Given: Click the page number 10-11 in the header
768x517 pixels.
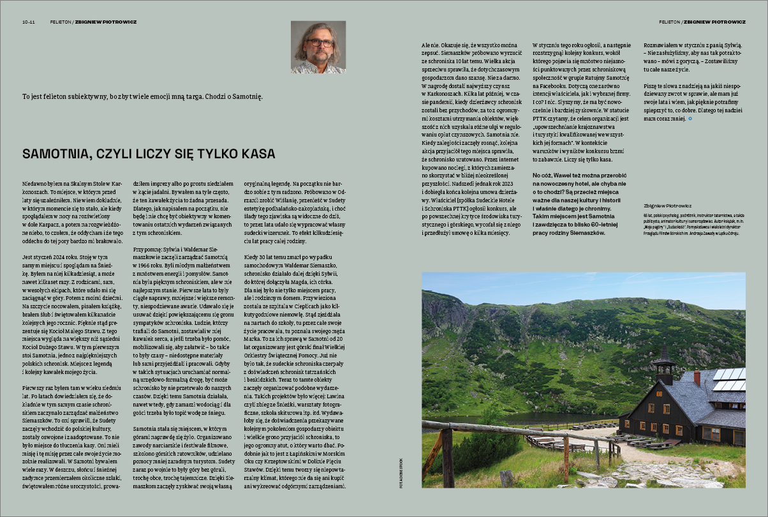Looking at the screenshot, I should [28, 22].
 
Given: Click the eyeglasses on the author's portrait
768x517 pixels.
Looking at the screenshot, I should [318, 43].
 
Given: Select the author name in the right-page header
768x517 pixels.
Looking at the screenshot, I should [714, 22].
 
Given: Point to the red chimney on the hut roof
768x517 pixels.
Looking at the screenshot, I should [697, 377].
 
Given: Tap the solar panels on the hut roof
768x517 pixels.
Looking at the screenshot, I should [727, 379].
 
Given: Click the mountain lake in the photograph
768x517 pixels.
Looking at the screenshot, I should [510, 418].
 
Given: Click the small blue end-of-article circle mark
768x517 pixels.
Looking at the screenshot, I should [690, 119].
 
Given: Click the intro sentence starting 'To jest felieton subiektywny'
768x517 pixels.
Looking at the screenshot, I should [142, 96].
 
